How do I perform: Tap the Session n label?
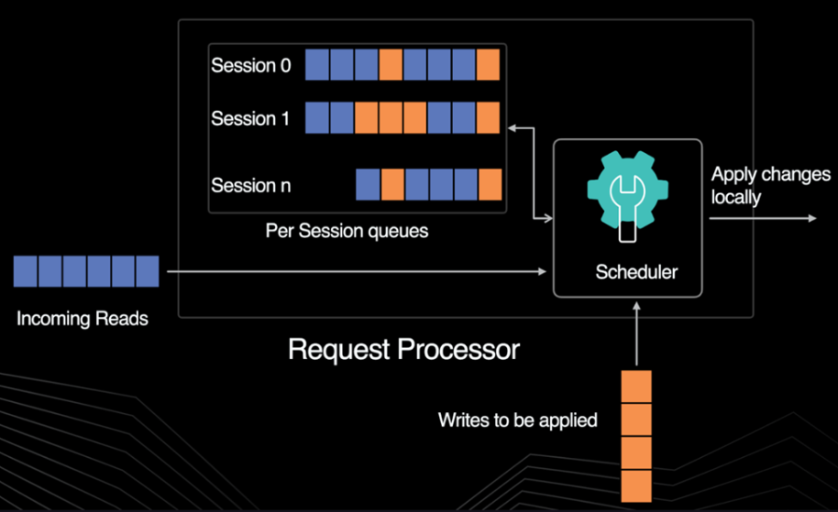[x=251, y=186]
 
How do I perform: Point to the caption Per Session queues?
[x=347, y=231]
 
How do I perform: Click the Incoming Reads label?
[x=83, y=320]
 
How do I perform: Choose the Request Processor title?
[x=403, y=349]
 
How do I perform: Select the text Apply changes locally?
[x=770, y=184]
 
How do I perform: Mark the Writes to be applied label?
[x=517, y=420]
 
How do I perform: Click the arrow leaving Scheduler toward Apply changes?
[x=761, y=218]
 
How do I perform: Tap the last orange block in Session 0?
[x=488, y=66]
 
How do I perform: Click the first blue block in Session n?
[x=368, y=185]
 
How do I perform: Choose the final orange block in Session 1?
[x=488, y=119]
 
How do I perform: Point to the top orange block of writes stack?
[x=636, y=385]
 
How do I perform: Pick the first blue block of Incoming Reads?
[x=26, y=272]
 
